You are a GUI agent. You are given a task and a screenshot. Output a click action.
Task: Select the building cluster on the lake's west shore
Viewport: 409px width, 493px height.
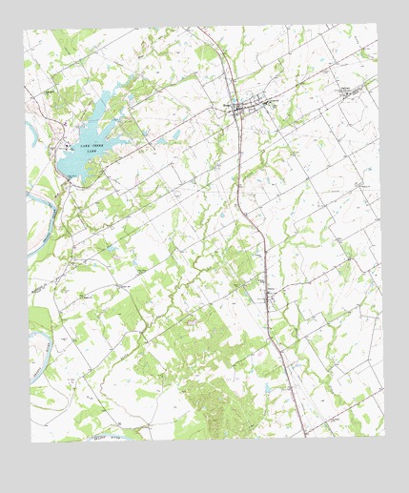(67, 146)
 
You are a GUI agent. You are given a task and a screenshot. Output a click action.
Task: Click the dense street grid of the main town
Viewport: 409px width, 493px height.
(246, 107)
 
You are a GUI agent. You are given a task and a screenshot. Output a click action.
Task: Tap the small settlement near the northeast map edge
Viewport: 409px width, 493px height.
(349, 92)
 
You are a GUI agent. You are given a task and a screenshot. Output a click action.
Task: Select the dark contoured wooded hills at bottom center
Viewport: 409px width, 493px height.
(215, 401)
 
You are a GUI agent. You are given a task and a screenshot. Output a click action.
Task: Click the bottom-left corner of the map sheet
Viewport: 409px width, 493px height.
(31, 442)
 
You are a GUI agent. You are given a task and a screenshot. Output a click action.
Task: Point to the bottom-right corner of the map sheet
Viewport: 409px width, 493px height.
(386, 434)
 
